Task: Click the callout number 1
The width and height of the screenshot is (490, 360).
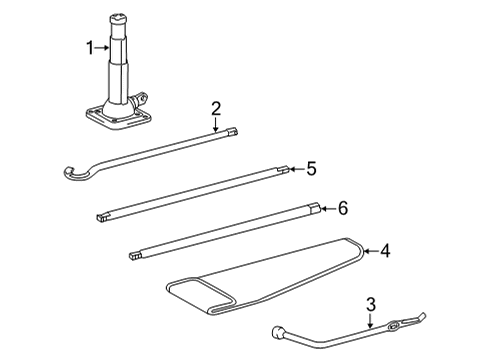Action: (x=90, y=47)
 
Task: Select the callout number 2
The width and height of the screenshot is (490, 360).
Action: (x=215, y=108)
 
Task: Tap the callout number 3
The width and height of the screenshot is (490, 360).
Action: (x=370, y=304)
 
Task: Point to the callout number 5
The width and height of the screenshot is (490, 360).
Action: (x=311, y=169)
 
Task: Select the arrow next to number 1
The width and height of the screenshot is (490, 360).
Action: (x=103, y=47)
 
